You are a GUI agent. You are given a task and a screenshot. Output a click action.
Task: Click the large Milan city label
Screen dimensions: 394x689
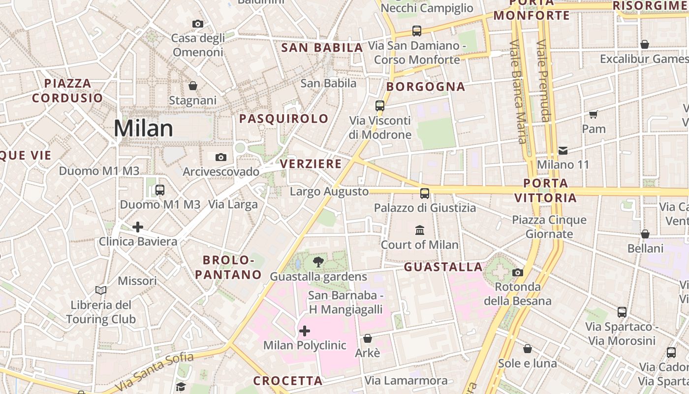tap(143, 129)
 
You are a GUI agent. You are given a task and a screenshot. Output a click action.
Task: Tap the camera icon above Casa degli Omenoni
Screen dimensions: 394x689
tap(198, 24)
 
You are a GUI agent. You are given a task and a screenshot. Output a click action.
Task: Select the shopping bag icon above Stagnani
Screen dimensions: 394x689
tap(193, 86)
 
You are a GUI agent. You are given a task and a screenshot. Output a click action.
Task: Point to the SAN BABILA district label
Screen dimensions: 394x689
tap(322, 48)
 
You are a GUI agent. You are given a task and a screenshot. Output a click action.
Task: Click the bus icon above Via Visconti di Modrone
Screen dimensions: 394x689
tap(379, 105)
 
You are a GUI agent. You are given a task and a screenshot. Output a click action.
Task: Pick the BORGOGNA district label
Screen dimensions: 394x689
tap(426, 87)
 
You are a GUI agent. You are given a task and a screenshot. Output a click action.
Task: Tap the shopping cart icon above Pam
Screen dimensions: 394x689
tap(593, 114)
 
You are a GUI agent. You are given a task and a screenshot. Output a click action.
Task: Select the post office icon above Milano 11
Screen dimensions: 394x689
tap(563, 150)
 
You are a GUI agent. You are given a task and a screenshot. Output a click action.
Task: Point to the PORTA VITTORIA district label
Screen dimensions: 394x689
tap(545, 191)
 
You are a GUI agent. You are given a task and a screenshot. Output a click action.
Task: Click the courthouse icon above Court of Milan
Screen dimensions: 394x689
tap(420, 230)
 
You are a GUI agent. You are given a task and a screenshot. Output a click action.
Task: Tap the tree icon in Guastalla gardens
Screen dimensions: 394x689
tap(318, 262)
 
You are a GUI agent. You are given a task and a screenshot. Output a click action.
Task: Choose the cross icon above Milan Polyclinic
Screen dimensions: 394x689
tap(305, 330)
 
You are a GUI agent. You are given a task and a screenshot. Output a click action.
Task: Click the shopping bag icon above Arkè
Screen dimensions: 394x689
tap(367, 339)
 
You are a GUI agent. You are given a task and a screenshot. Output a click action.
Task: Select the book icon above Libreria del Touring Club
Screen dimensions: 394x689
tap(101, 290)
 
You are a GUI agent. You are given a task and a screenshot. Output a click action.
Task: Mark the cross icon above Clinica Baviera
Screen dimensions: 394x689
tap(138, 227)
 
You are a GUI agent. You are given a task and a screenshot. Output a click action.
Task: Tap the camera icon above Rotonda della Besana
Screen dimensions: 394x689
tap(517, 272)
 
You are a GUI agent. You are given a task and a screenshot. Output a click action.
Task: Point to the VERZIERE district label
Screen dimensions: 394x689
tap(311, 164)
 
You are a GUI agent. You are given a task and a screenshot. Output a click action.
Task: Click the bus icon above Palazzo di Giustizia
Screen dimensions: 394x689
tap(425, 194)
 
